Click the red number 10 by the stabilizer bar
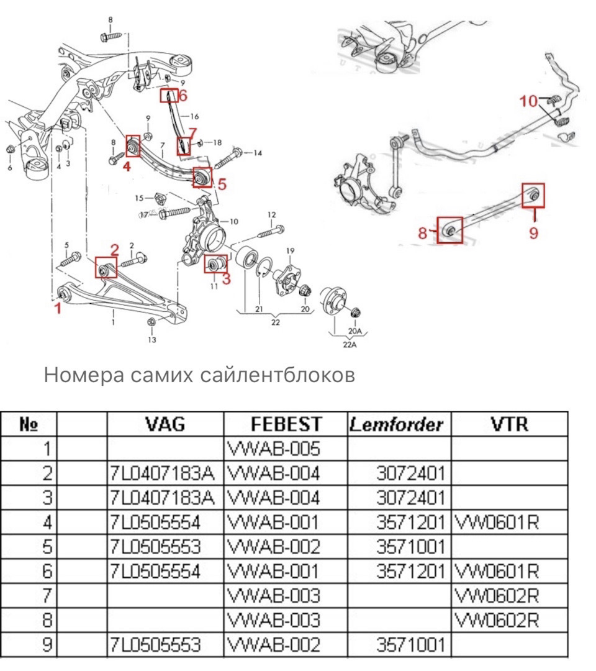click(x=528, y=101)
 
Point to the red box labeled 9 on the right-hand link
click(x=533, y=195)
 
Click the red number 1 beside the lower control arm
click(x=58, y=308)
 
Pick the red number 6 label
click(x=181, y=95)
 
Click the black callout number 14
click(x=258, y=153)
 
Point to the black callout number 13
click(x=152, y=340)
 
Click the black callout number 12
click(x=271, y=215)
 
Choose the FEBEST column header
click(x=286, y=424)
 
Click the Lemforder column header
click(x=395, y=424)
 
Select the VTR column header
click(x=508, y=424)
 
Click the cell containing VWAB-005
click(x=275, y=449)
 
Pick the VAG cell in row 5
click(x=165, y=546)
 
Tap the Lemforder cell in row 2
click(x=410, y=473)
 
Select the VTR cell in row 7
click(x=497, y=595)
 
